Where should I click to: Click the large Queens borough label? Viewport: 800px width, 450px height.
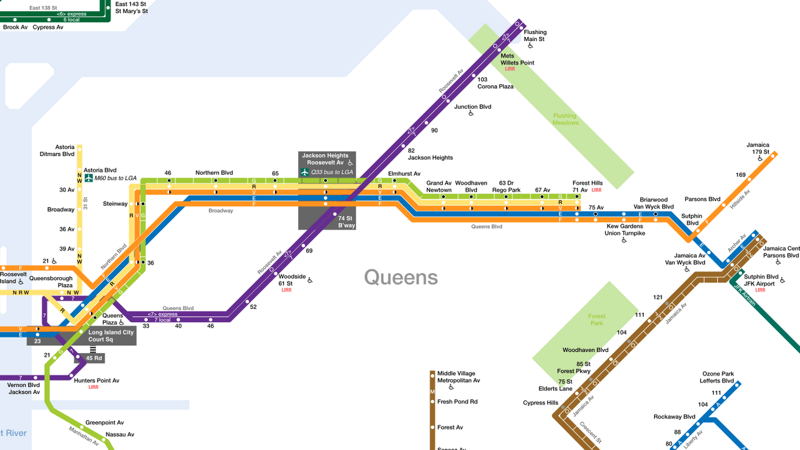[x=401, y=277]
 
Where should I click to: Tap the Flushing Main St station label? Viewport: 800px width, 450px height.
[x=535, y=35]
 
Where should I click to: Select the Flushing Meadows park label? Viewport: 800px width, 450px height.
[x=565, y=119]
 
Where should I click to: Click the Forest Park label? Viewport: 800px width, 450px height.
[x=596, y=320]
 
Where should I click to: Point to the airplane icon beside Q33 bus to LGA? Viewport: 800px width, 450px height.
[x=305, y=172]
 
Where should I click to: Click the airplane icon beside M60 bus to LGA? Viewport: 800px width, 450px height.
[x=89, y=178]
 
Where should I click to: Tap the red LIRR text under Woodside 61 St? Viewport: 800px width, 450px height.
[x=286, y=290]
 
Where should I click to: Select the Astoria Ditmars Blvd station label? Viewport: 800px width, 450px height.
[x=57, y=150]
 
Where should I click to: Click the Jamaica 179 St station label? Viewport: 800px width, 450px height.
[x=757, y=148]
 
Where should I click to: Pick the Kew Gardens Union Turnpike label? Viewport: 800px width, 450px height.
[x=624, y=230]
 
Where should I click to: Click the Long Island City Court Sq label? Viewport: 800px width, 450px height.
[x=110, y=336]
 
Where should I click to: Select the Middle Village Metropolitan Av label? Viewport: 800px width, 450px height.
[x=458, y=377]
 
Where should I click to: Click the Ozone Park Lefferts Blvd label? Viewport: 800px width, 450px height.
[x=717, y=377]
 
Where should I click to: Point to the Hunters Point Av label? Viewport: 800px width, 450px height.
[x=96, y=380]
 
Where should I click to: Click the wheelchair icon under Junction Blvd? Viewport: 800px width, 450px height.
[x=471, y=113]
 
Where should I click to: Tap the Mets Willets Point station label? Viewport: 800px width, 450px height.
[x=517, y=59]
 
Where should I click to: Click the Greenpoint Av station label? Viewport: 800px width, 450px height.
[x=105, y=422]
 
